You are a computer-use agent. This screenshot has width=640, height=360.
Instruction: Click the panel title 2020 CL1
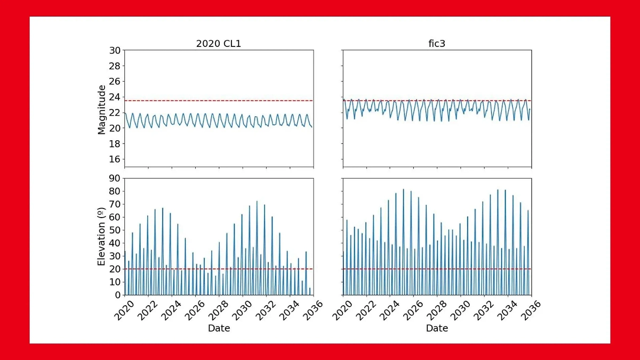pyautogui.click(x=219, y=44)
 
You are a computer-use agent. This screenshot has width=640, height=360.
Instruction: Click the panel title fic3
pyautogui.click(x=437, y=44)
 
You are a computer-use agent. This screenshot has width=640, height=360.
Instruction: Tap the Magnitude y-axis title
pyautogui.click(x=102, y=109)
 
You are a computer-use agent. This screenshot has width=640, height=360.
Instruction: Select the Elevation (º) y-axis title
pyautogui.click(x=102, y=237)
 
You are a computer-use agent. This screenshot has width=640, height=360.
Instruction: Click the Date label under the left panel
pyautogui.click(x=219, y=329)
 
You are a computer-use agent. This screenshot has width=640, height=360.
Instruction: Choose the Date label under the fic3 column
pyautogui.click(x=437, y=329)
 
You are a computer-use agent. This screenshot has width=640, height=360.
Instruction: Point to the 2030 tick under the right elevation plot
pyautogui.click(x=459, y=308)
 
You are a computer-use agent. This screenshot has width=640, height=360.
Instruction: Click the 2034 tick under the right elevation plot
pyautogui.click(x=506, y=308)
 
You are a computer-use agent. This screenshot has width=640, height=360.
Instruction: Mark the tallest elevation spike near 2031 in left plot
pyautogui.click(x=257, y=202)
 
